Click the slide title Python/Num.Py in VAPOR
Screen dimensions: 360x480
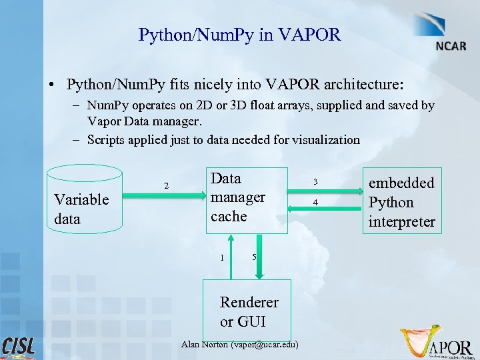[x=239, y=35]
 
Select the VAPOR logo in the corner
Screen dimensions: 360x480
[x=437, y=343]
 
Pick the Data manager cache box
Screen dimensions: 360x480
[x=247, y=200]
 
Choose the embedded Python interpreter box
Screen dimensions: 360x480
[x=401, y=202]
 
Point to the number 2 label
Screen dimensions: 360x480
[x=166, y=185]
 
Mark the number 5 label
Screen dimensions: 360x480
[x=254, y=258]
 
